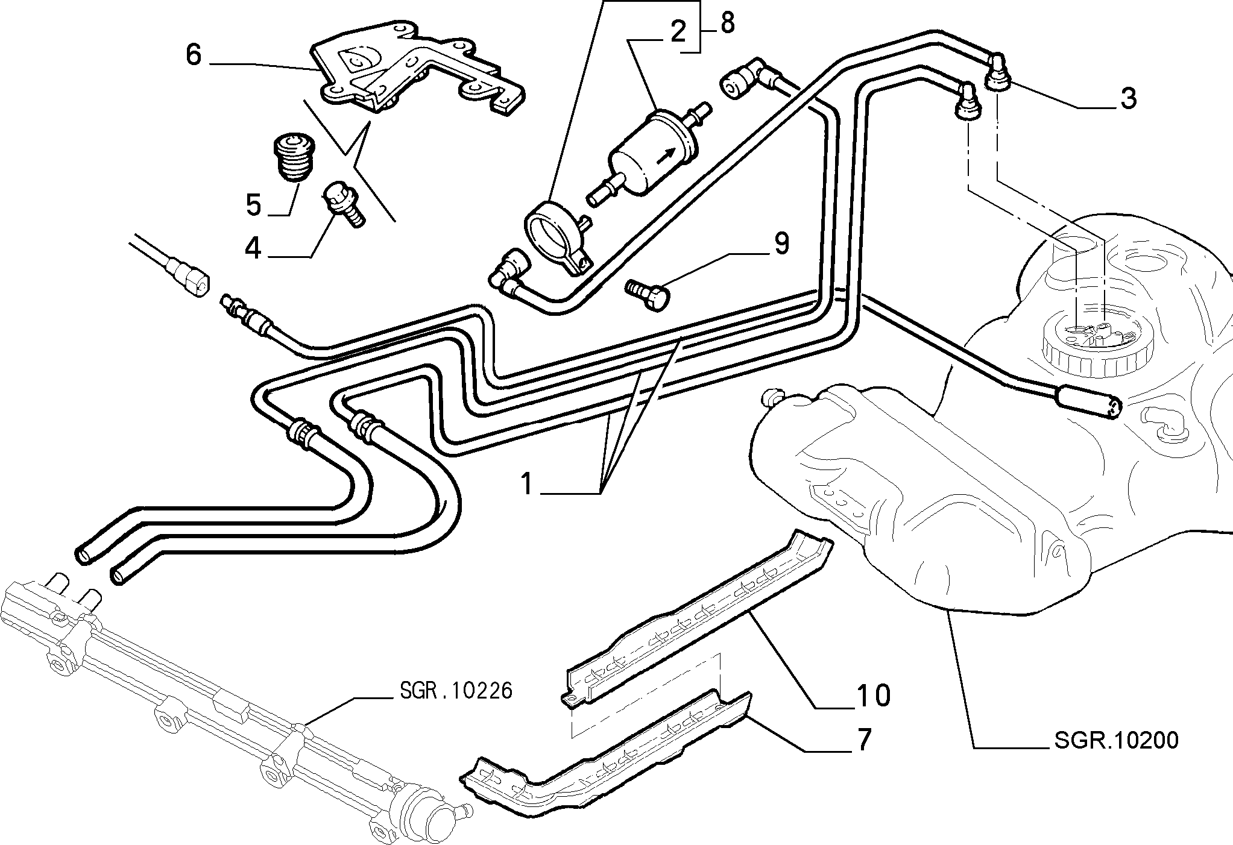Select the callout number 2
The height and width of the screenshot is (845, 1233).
click(x=678, y=31)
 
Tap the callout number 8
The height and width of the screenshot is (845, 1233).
click(x=727, y=24)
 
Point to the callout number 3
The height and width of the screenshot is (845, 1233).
click(x=1127, y=98)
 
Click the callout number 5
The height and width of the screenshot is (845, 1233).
click(x=254, y=206)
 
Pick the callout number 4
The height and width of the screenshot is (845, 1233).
click(x=253, y=248)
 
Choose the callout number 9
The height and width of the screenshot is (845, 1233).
click(x=781, y=244)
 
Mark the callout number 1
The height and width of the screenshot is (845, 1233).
click(x=527, y=483)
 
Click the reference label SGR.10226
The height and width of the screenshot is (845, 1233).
click(x=455, y=690)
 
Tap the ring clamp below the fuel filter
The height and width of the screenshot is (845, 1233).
click(x=558, y=239)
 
